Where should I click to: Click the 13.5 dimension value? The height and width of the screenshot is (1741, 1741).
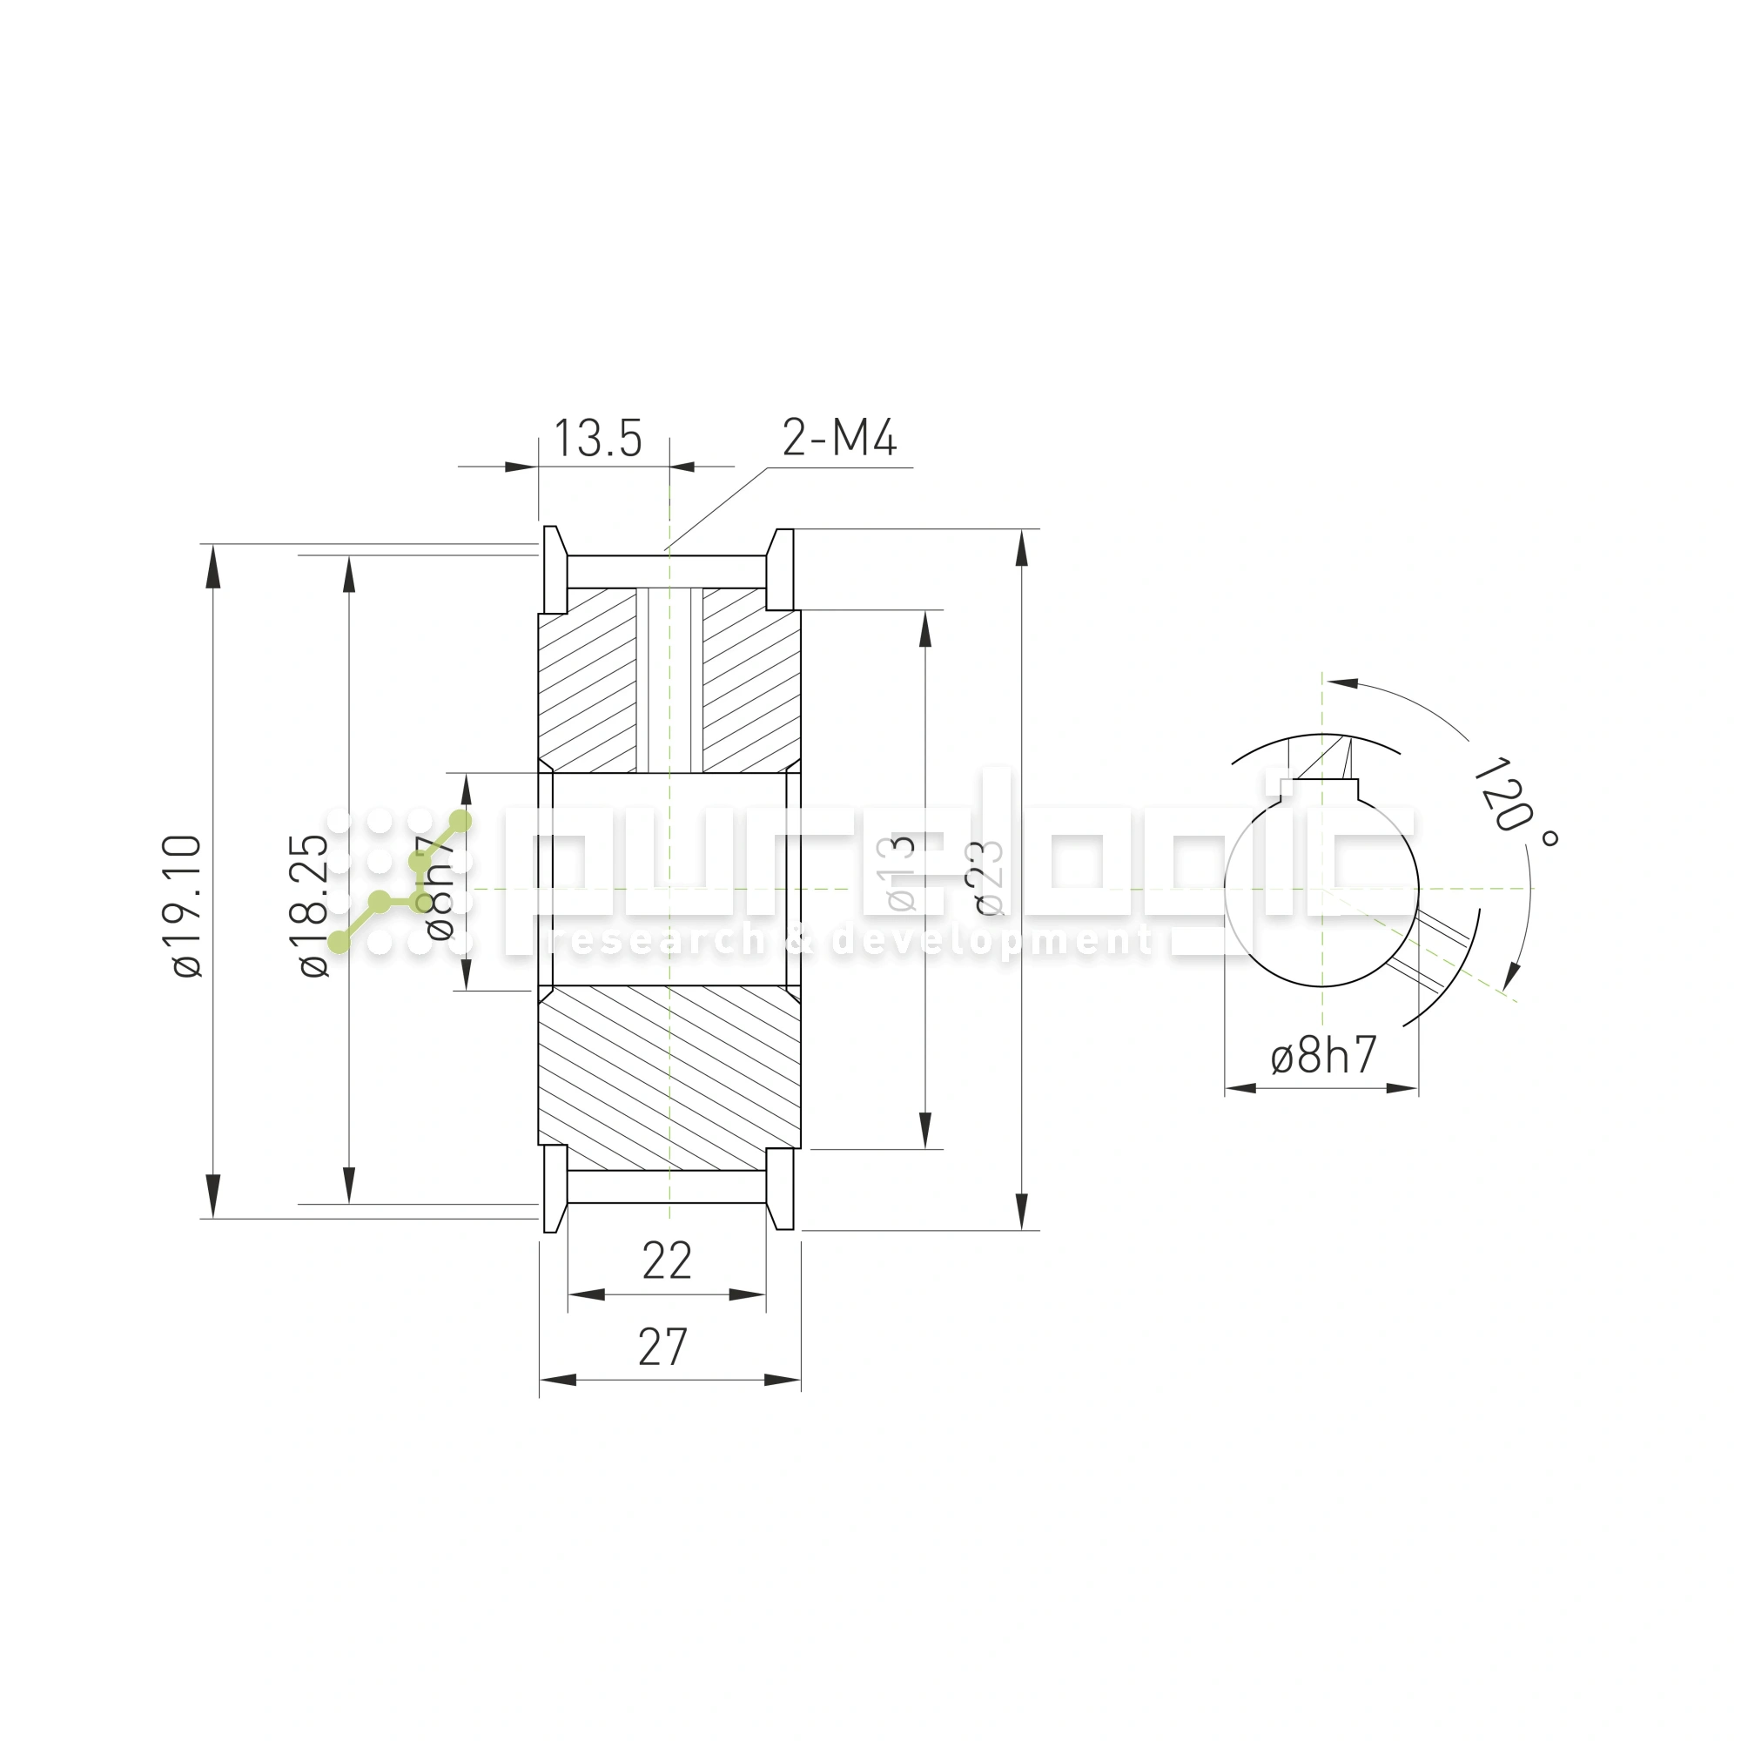[597, 439]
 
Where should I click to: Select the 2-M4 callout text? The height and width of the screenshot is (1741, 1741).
[839, 438]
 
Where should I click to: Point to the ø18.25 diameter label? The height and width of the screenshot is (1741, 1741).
[314, 905]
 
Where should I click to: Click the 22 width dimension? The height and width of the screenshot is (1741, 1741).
[667, 1260]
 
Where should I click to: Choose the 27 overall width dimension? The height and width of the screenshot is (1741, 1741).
[663, 1348]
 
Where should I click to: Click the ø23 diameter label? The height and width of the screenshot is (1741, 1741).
[988, 878]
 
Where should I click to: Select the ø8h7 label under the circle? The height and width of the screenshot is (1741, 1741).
[1324, 1055]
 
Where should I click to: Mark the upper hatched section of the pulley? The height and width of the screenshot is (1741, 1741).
[586, 685]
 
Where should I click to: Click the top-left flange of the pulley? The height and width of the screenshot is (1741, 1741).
[555, 570]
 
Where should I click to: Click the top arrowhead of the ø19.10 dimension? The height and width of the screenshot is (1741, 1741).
[212, 568]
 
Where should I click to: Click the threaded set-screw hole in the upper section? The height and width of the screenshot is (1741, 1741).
[669, 681]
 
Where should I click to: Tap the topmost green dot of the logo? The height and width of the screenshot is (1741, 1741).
[460, 821]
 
